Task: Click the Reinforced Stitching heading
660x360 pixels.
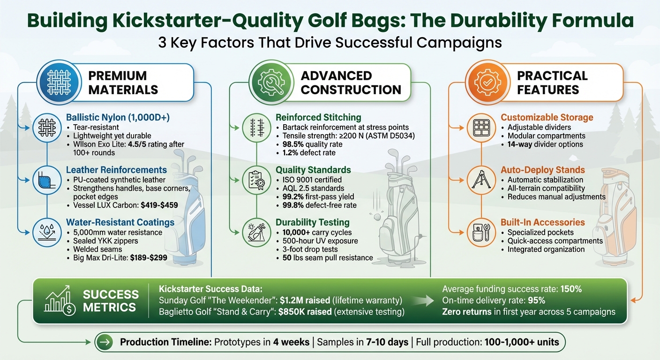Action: pyautogui.click(x=318, y=118)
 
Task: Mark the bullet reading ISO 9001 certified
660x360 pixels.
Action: pyautogui.click(x=312, y=179)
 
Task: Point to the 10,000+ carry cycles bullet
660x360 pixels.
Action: pyautogui.click(x=317, y=232)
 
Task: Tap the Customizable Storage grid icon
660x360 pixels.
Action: pyautogui.click(x=481, y=127)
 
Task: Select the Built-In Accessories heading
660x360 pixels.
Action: pyautogui.click(x=543, y=222)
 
